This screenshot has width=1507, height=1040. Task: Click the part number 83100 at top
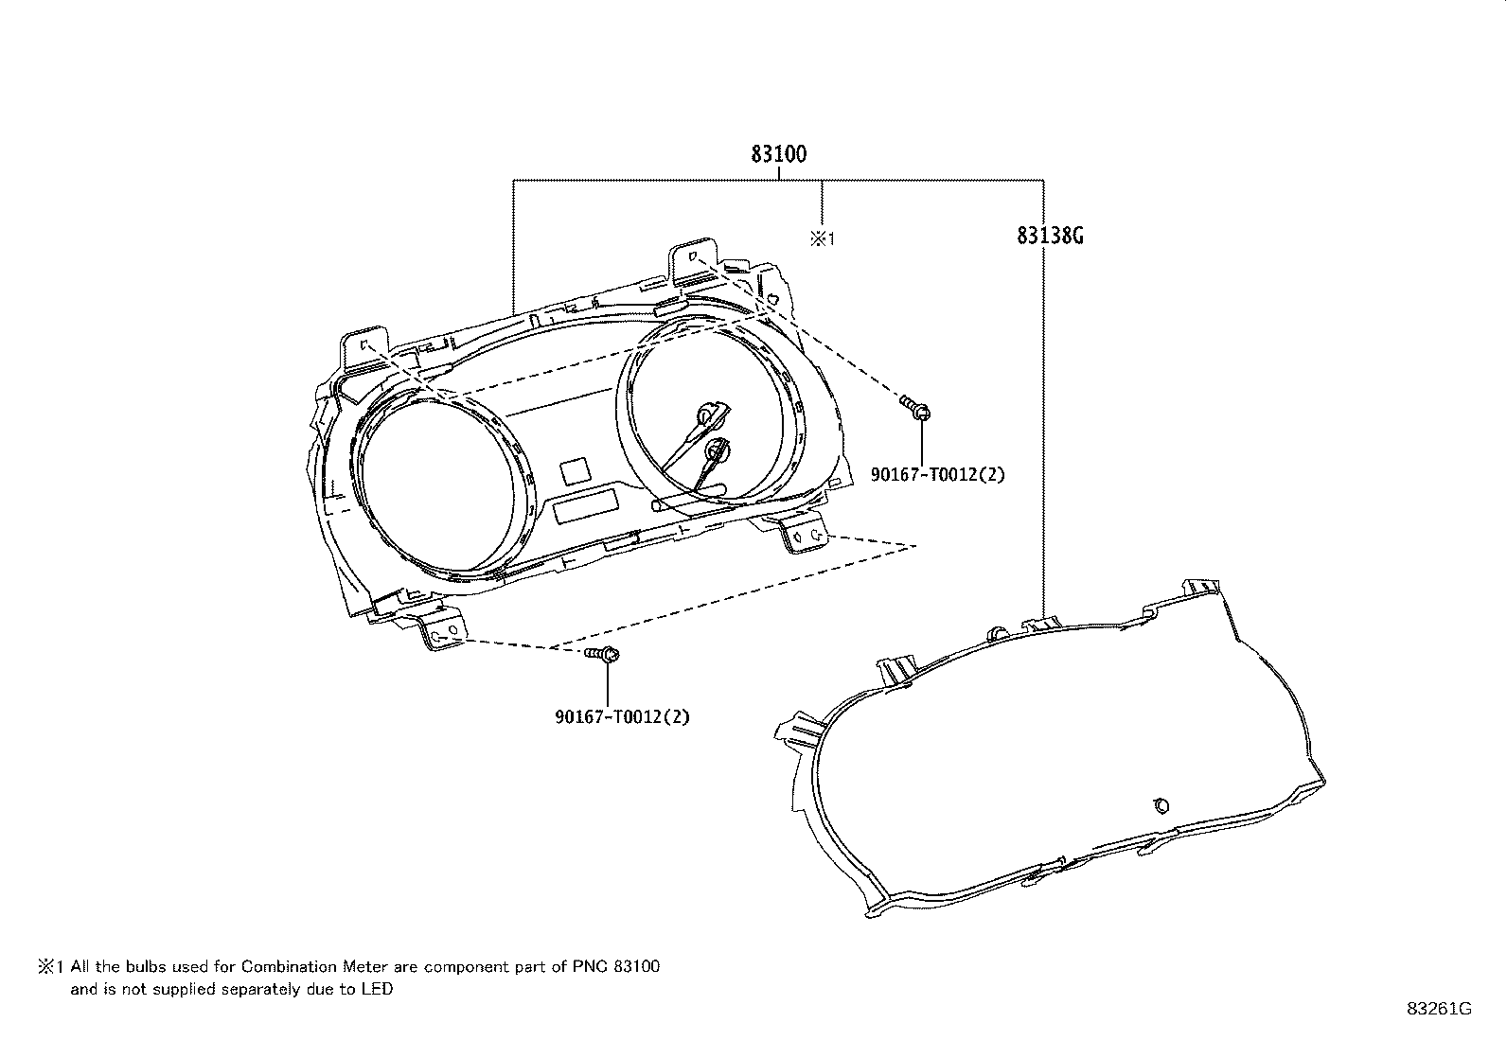tap(778, 154)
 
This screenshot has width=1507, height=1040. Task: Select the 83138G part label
tap(1050, 236)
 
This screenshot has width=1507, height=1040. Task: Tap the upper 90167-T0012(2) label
tap(937, 474)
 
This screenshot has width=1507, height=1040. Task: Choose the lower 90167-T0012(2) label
tap(622, 716)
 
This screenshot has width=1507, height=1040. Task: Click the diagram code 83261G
tap(1439, 1009)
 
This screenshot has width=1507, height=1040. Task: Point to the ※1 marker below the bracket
tap(822, 238)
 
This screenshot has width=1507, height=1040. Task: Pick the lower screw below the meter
tap(602, 654)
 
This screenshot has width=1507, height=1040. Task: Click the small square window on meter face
tap(576, 471)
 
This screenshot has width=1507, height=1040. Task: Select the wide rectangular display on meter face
tap(586, 506)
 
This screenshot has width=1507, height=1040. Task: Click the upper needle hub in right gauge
tap(706, 415)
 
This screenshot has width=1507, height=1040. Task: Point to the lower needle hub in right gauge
tap(717, 449)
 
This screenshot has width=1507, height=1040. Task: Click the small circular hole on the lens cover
tap(1161, 805)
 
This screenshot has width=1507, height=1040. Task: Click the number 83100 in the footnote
tap(637, 967)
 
